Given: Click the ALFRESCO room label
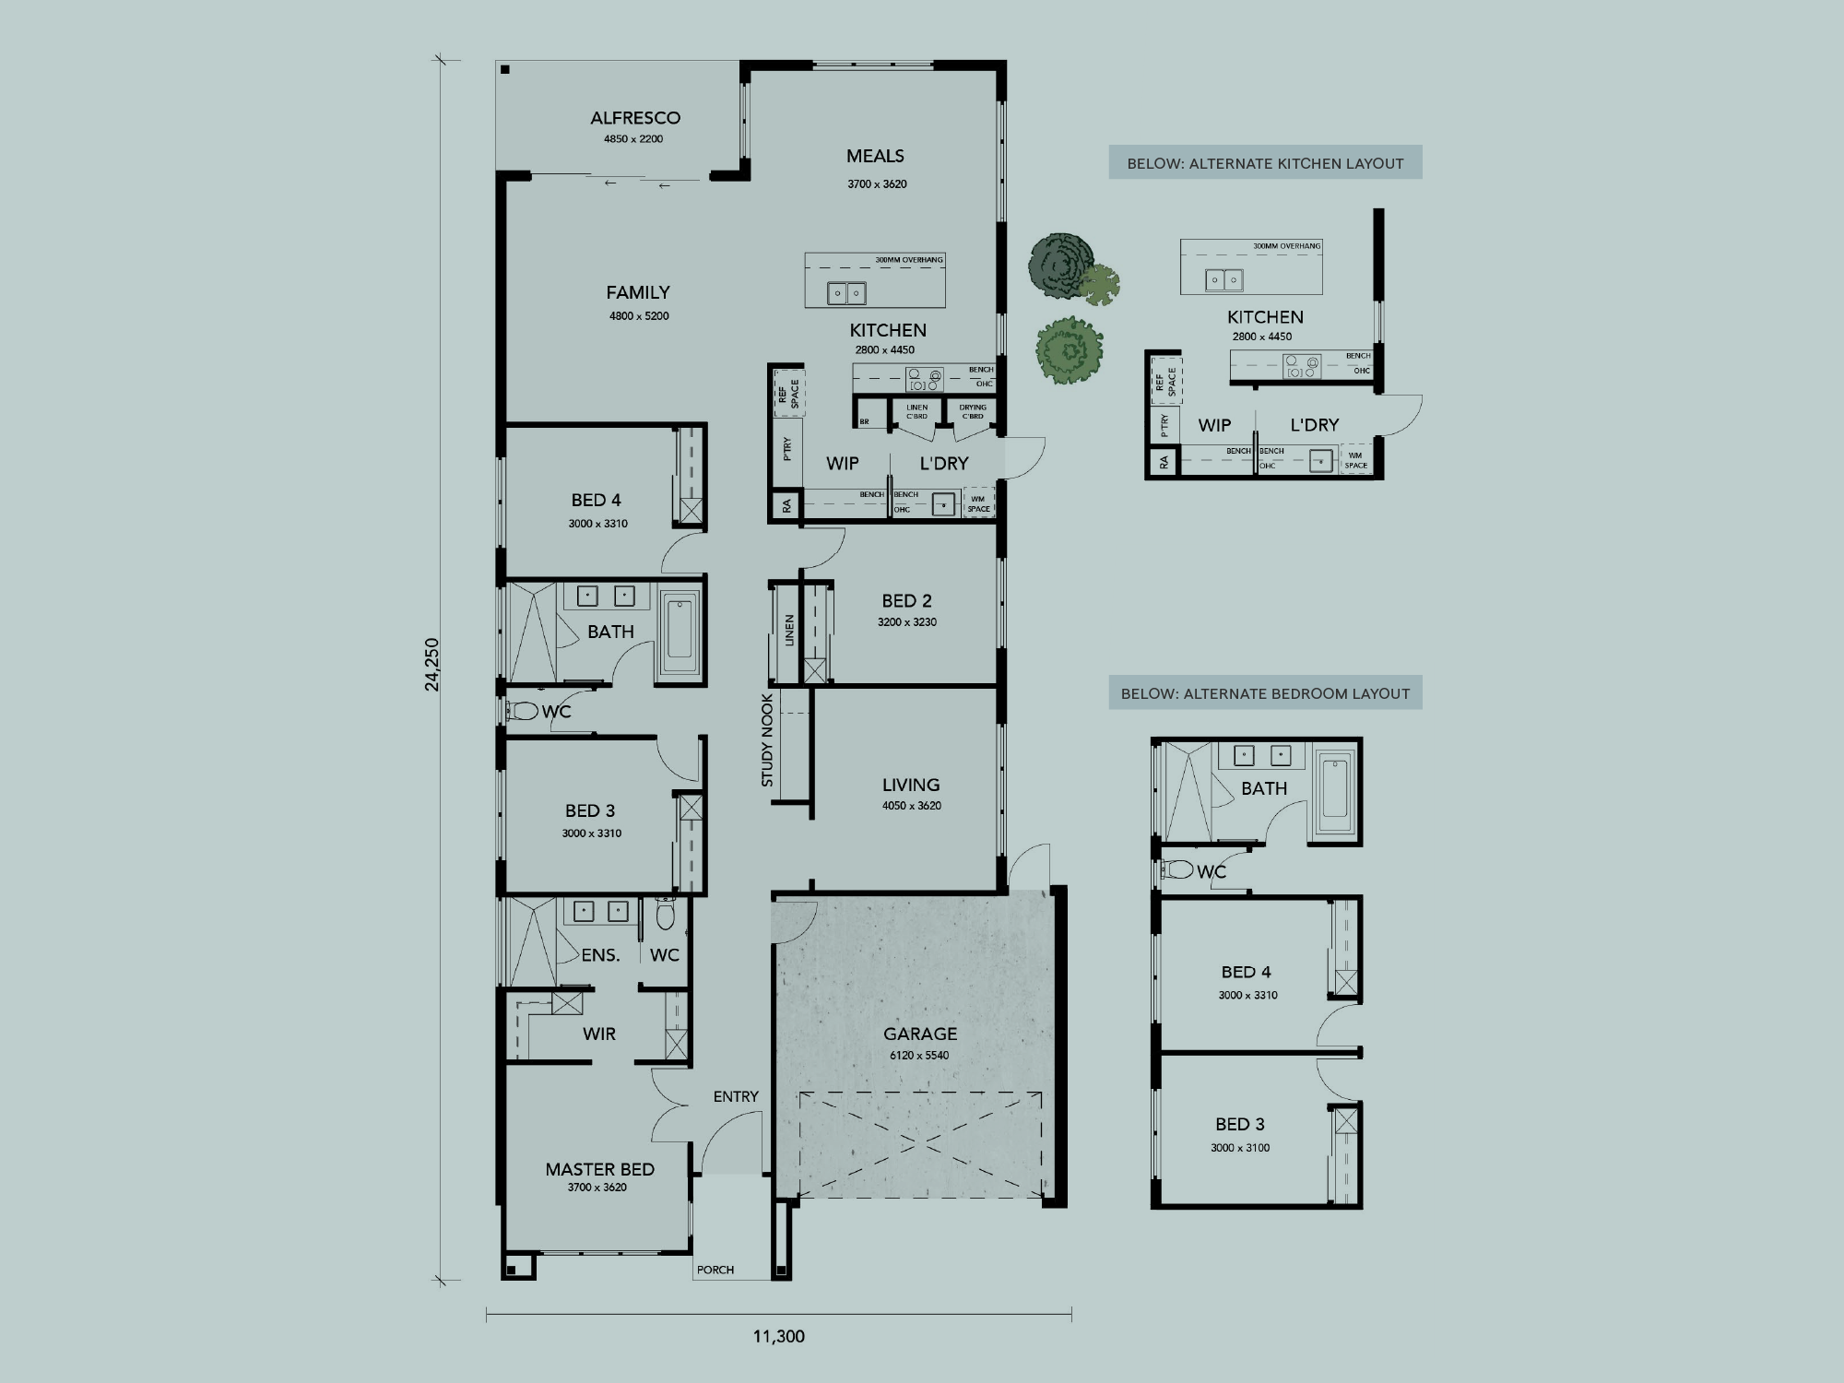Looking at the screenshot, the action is tap(635, 118).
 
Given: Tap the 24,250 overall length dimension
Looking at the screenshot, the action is tap(432, 664).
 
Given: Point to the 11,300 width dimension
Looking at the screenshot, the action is tap(779, 1336).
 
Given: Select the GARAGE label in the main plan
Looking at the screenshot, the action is tap(920, 1034).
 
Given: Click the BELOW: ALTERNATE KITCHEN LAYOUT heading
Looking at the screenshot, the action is tap(1265, 163).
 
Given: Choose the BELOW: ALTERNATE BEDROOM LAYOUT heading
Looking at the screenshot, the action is tap(1265, 693).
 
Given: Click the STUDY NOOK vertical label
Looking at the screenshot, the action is tap(767, 740).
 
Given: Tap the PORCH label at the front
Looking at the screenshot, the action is tap(715, 1270).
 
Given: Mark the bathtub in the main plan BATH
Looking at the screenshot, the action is tap(680, 636).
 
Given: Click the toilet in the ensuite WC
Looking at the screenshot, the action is tap(665, 915).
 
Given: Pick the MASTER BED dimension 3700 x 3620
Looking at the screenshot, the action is tap(597, 1188).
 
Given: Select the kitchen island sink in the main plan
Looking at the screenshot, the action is tap(846, 294).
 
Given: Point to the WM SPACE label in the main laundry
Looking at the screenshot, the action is tap(978, 503).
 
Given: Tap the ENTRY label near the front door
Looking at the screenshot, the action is tap(736, 1096).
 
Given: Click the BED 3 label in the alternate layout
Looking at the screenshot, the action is tap(1240, 1124).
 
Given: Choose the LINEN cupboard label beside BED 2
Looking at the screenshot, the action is tap(789, 631).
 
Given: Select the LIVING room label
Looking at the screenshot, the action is tap(911, 785).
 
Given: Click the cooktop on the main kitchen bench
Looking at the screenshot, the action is tap(924, 380).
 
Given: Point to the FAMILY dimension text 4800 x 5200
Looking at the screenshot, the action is tap(639, 316).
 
